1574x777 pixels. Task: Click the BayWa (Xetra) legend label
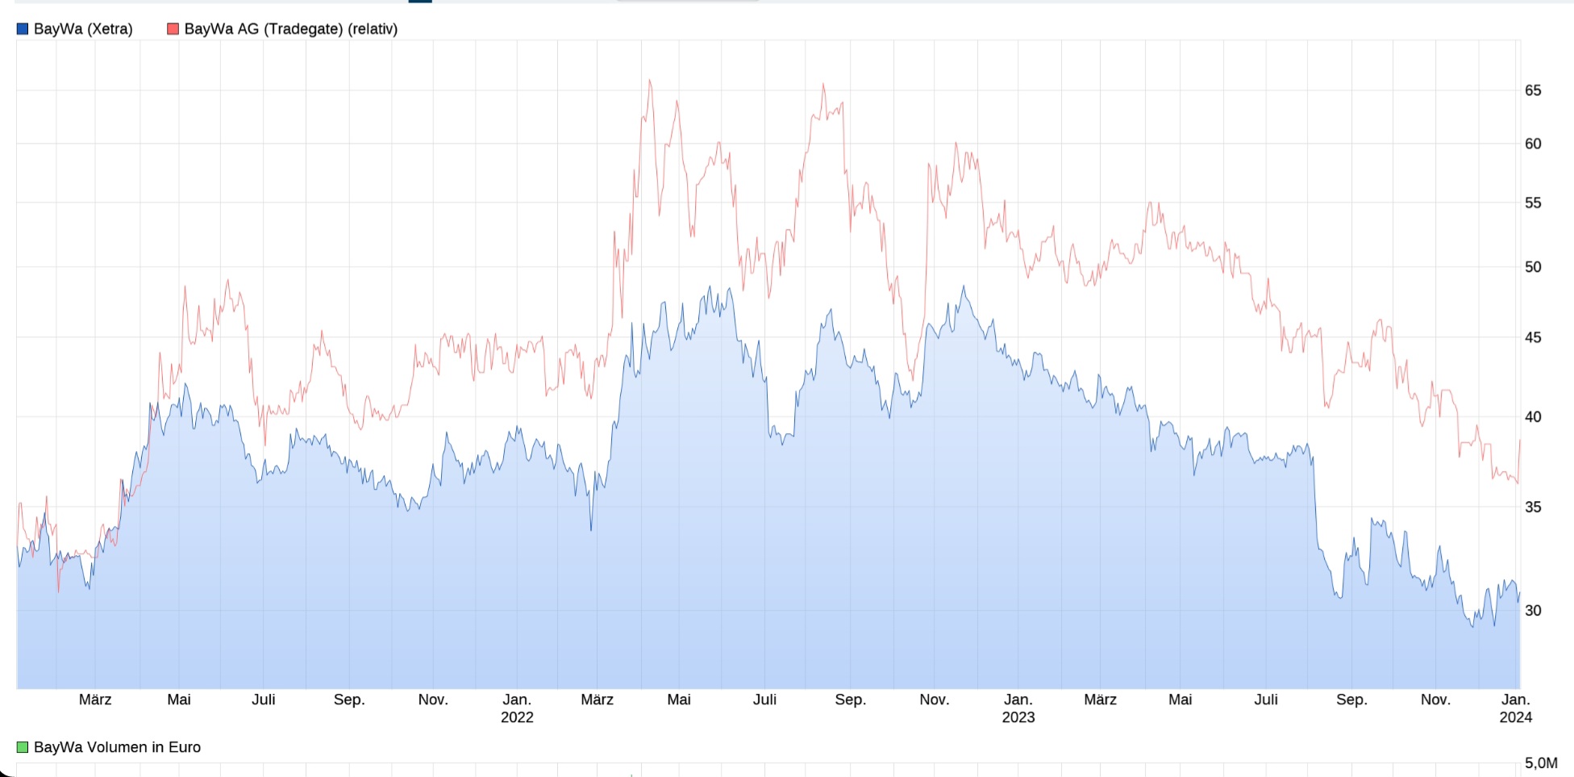(83, 29)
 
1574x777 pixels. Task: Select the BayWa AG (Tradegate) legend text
(290, 29)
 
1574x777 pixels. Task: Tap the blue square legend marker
(23, 29)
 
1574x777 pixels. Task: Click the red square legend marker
(173, 29)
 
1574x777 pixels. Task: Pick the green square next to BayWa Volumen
(23, 747)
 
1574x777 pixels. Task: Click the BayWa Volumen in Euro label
(117, 747)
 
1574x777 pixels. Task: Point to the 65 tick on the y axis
(1532, 90)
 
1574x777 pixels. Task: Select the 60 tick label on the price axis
(1532, 144)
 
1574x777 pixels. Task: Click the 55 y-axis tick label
(1532, 203)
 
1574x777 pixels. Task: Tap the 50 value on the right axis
(1532, 267)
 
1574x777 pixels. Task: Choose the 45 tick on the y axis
(1532, 337)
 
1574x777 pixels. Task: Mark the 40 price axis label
(1532, 417)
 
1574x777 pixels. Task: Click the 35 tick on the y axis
(1532, 507)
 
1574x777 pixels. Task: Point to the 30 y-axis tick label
(1532, 611)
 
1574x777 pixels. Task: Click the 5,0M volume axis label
(1540, 763)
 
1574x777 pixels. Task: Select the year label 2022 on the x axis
(517, 717)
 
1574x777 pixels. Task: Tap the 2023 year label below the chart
(1018, 717)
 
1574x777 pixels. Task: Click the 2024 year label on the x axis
(1515, 717)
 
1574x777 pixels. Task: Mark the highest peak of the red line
(650, 81)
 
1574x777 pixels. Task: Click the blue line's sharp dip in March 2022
(591, 529)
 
